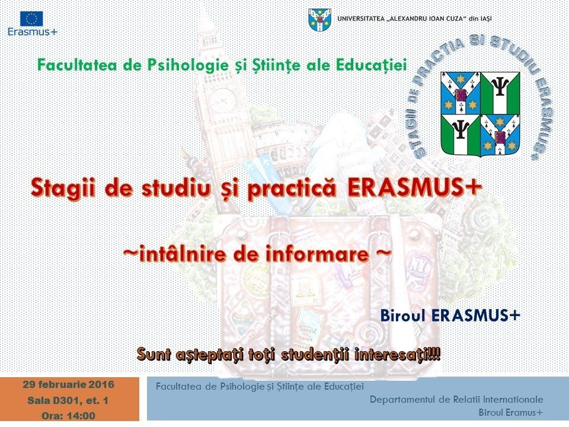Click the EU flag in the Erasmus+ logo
[31, 19]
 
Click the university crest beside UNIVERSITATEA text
[319, 20]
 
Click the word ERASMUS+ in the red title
[415, 187]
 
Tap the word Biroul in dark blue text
[403, 316]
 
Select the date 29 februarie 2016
[69, 384]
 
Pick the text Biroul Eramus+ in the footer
[511, 413]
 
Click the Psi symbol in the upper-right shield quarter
[499, 87]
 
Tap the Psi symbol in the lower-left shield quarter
[461, 129]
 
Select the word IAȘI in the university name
[485, 19]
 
